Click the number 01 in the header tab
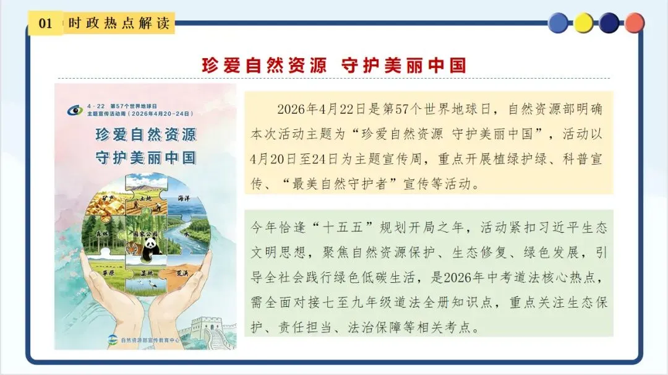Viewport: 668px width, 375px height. coord(45,24)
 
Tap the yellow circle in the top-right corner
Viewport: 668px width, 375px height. coord(584,23)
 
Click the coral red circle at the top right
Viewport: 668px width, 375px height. coord(635,23)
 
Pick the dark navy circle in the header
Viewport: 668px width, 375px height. coord(609,23)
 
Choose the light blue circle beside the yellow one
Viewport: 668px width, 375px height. coord(558,23)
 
